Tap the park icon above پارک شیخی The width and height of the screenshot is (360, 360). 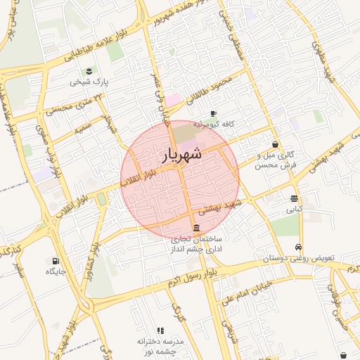(x=89, y=71)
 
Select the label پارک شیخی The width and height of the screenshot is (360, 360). (x=89, y=82)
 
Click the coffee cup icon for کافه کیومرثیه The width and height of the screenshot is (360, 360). (x=213, y=113)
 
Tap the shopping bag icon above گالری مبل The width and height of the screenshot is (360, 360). (x=274, y=144)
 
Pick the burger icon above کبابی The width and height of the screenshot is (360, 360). (x=293, y=198)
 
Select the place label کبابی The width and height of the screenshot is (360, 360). (x=293, y=209)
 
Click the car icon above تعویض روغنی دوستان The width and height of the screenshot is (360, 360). (x=299, y=247)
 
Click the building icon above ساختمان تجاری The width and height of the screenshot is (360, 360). (x=195, y=229)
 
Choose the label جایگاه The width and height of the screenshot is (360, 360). (x=56, y=271)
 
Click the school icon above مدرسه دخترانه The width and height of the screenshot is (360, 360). (x=161, y=330)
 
